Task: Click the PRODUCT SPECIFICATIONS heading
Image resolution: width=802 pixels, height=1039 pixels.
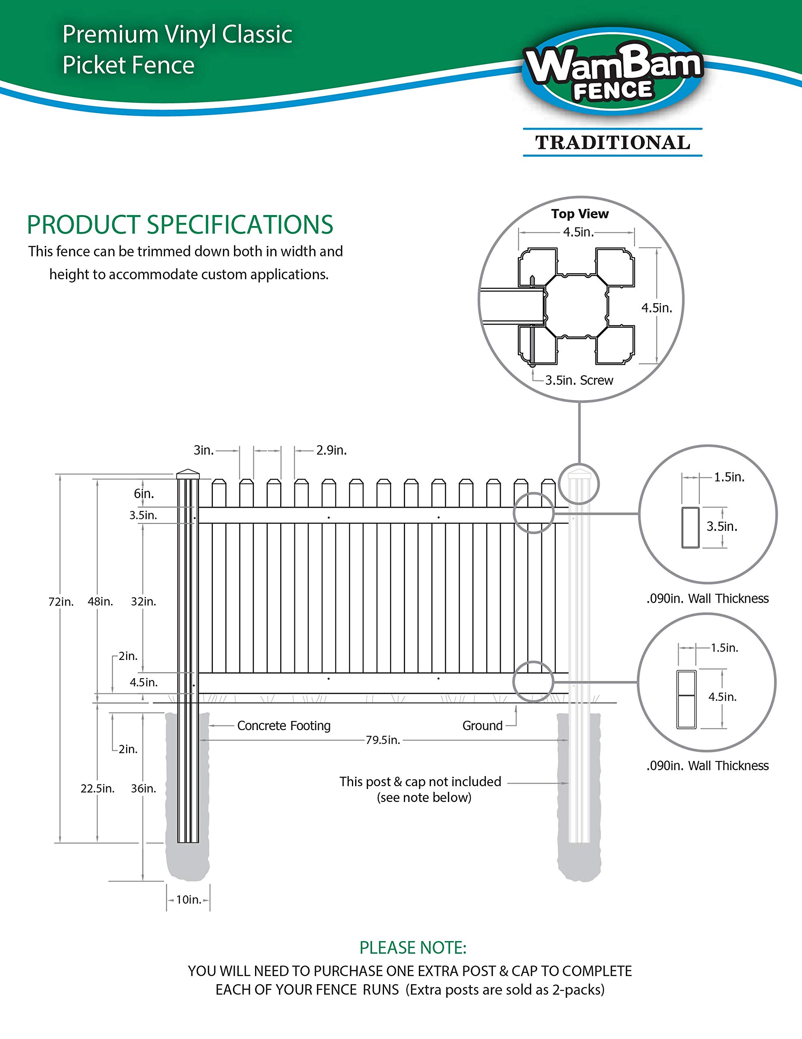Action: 180,224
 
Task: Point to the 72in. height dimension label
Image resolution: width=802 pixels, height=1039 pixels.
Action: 61,602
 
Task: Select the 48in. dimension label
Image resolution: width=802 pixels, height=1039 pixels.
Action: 100,602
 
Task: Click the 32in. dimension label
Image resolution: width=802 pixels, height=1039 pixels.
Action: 144,602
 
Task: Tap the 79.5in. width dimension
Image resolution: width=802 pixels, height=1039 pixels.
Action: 383,740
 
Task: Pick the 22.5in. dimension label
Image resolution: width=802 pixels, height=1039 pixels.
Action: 97,789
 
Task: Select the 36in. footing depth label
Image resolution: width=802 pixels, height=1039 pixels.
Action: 144,789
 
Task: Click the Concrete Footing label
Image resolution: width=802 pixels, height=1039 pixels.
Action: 284,726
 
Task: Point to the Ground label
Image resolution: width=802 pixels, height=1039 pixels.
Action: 482,726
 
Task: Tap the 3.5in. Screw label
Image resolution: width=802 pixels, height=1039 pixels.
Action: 579,380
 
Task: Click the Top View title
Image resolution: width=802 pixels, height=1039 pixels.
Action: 580,214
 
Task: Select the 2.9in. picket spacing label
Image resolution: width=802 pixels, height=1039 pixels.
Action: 331,451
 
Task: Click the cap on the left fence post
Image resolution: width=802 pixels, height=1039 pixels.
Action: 188,474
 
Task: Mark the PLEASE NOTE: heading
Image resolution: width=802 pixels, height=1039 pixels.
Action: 413,948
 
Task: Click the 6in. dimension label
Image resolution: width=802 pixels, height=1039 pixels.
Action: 144,494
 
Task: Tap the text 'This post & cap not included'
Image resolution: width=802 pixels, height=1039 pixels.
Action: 420,782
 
